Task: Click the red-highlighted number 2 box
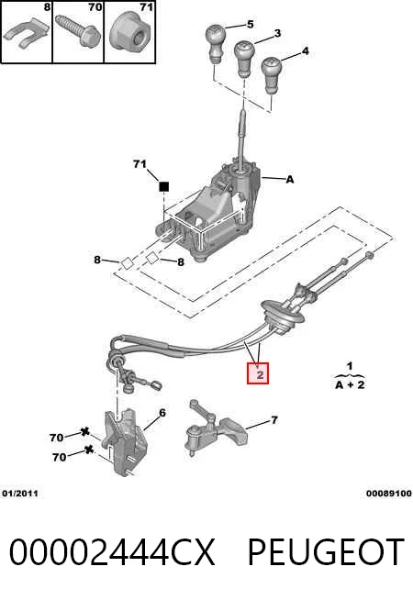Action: [258, 373]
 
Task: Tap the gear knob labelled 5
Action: [216, 43]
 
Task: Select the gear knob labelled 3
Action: [244, 58]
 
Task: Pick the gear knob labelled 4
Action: [272, 74]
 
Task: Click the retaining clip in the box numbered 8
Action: [26, 35]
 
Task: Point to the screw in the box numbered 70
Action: [78, 30]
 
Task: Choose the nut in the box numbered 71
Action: [129, 31]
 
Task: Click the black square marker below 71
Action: [163, 187]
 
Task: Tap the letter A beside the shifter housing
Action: [290, 179]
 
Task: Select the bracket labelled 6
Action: [126, 440]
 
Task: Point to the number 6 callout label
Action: [162, 413]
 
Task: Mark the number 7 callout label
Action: [274, 420]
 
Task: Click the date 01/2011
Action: [20, 494]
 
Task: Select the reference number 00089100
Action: [389, 494]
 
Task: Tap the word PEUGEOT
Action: [326, 551]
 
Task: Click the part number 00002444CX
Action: [112, 551]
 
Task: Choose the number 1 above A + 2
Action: [350, 366]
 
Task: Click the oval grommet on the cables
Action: [283, 316]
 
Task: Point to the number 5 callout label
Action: [250, 24]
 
